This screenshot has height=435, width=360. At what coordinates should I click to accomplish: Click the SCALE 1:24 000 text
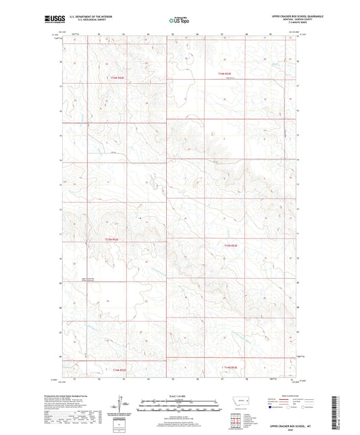click(x=181, y=396)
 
